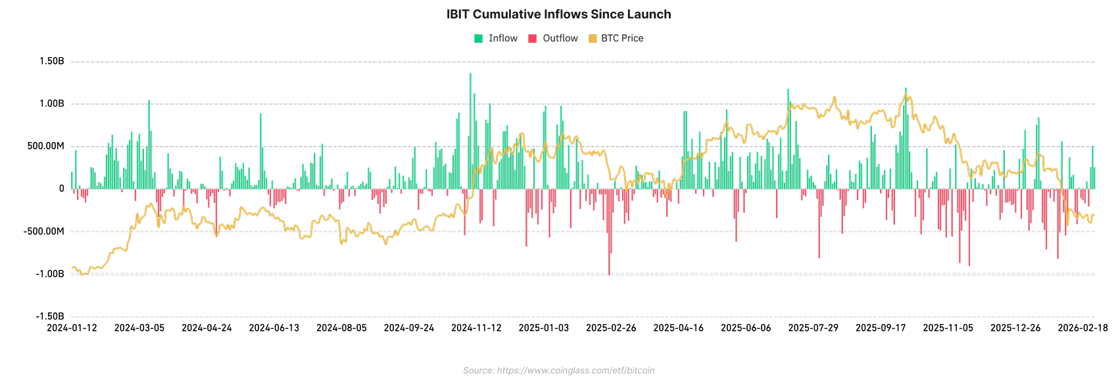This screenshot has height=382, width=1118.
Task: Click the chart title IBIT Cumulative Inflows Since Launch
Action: point(558,14)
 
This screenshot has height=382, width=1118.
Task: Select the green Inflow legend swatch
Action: point(479,39)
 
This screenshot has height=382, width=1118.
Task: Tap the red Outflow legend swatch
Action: point(533,39)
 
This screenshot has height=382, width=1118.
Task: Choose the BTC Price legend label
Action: point(622,39)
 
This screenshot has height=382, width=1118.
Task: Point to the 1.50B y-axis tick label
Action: point(52,62)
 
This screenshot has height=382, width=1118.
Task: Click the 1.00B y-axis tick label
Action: point(52,104)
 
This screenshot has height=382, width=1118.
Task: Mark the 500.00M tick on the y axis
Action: point(45,146)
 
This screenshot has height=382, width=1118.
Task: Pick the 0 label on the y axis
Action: point(62,189)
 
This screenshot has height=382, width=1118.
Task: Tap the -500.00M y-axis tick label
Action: point(43,231)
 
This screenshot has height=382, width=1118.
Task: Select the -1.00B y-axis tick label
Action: point(50,274)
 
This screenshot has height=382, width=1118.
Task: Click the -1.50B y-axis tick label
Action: point(50,316)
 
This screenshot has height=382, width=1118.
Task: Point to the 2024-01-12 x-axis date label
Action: point(72,328)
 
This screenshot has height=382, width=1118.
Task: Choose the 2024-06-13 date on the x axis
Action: point(274,328)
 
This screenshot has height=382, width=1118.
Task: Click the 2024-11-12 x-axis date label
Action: point(476,328)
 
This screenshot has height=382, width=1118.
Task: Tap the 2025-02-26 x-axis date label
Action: point(611,328)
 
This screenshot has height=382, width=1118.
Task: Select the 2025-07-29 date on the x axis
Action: point(813,328)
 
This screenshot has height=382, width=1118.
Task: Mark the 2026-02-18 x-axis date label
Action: point(1082,328)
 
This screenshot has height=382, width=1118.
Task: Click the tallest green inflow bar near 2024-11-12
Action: point(470,131)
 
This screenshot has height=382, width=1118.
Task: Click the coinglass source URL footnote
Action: point(558,371)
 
